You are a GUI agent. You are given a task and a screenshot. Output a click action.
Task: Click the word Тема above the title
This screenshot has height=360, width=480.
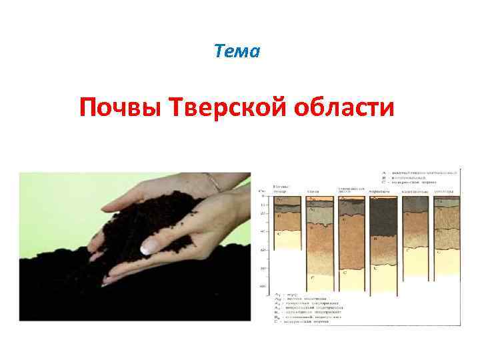[x=237, y=51]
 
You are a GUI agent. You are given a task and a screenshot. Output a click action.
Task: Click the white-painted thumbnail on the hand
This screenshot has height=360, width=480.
[x=149, y=248]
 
